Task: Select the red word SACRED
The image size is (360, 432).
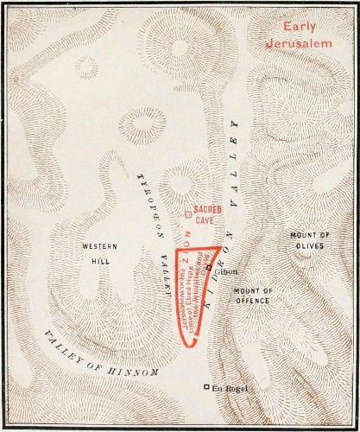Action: [208, 210]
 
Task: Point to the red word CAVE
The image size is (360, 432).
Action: [205, 220]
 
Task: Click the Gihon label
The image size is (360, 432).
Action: [227, 270]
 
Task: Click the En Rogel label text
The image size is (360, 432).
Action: [231, 386]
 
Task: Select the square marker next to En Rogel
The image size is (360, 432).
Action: [206, 386]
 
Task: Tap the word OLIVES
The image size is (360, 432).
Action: [309, 246]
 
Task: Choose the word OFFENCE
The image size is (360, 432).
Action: [252, 301]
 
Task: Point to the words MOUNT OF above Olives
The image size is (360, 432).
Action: [310, 235]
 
